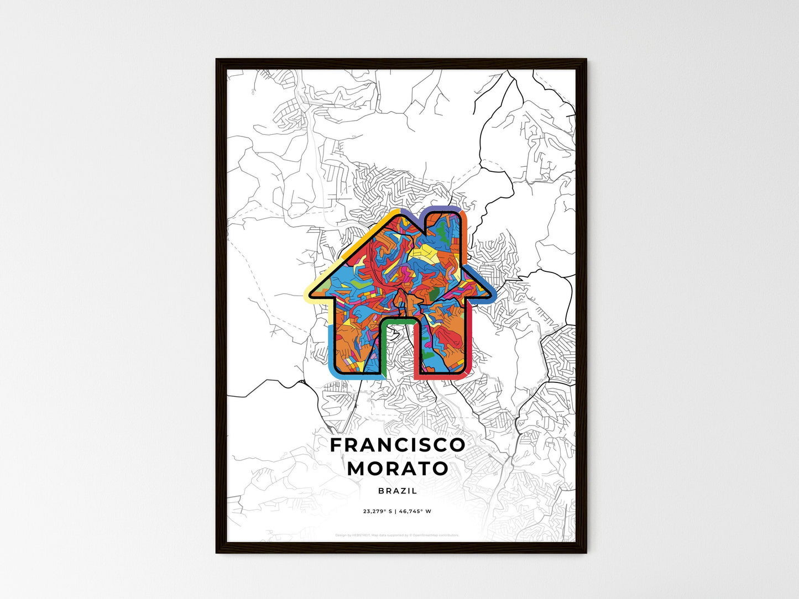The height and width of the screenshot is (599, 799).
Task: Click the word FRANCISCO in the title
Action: click(398, 445)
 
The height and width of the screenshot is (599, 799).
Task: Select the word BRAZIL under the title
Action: click(398, 491)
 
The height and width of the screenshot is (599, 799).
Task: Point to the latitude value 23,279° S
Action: click(378, 511)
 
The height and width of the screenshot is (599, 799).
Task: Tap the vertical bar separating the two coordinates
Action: click(396, 511)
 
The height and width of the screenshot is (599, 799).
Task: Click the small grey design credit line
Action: click(397, 535)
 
